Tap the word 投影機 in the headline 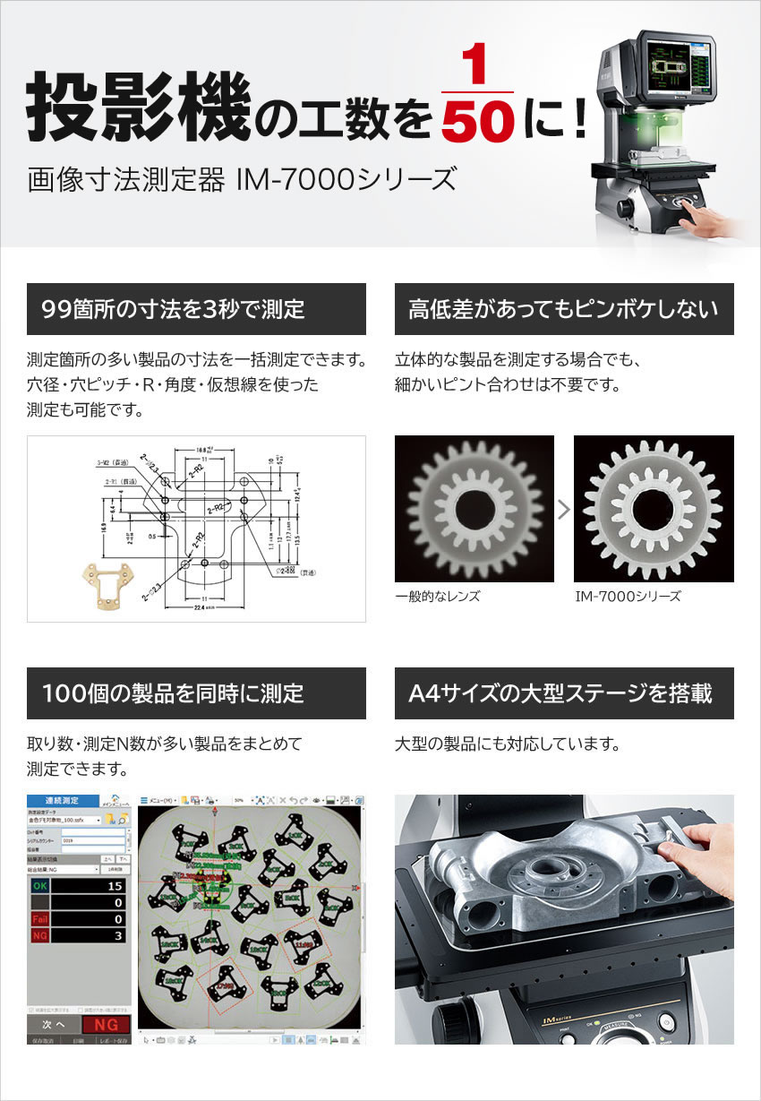click(x=136, y=108)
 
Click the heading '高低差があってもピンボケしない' click(x=563, y=310)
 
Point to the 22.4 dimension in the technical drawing click(x=205, y=609)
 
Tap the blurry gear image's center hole click(x=474, y=509)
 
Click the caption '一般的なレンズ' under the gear click(x=437, y=597)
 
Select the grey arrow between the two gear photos click(x=563, y=510)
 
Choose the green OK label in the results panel click(x=40, y=885)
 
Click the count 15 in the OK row click(x=114, y=885)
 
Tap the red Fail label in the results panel click(x=40, y=919)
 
